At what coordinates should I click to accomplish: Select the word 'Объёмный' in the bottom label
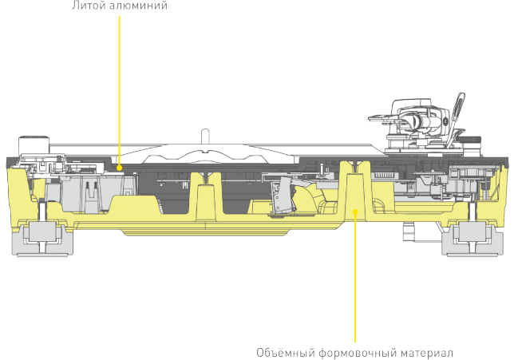283,352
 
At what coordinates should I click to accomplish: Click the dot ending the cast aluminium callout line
119,168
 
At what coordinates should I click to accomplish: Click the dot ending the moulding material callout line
355,211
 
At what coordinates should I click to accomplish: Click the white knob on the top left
31,144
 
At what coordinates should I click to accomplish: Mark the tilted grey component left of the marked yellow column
281,196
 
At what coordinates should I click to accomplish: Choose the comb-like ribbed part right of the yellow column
385,175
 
